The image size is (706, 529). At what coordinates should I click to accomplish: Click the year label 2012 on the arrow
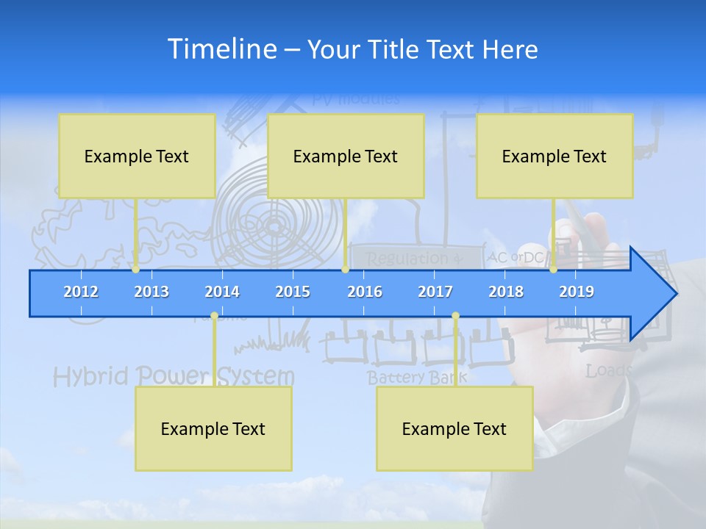81,292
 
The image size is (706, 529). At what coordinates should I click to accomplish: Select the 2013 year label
151,292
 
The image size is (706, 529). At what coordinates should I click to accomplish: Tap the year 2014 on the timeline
222,292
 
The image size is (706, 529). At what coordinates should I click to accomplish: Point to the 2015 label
293,292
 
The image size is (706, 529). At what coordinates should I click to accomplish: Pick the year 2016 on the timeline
365,292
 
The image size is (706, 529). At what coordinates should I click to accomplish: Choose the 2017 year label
435,292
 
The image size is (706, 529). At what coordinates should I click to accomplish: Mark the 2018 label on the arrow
506,292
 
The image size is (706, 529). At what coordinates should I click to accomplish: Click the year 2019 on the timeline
577,292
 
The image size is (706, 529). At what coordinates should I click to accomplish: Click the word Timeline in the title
222,49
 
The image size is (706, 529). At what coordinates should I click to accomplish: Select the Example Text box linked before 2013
137,156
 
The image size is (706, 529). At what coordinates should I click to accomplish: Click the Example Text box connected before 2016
346,156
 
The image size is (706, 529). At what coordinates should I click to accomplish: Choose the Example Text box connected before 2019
555,156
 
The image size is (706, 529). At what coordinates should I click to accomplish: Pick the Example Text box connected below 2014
213,428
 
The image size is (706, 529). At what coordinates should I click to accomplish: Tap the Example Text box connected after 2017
454,428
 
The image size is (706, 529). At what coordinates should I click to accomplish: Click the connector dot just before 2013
135,270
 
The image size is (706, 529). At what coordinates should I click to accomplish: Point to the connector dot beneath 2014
214,316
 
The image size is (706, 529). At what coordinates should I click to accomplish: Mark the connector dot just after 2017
455,316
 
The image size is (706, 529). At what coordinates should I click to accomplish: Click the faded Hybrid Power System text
174,376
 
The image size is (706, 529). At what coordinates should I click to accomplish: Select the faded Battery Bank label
416,378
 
